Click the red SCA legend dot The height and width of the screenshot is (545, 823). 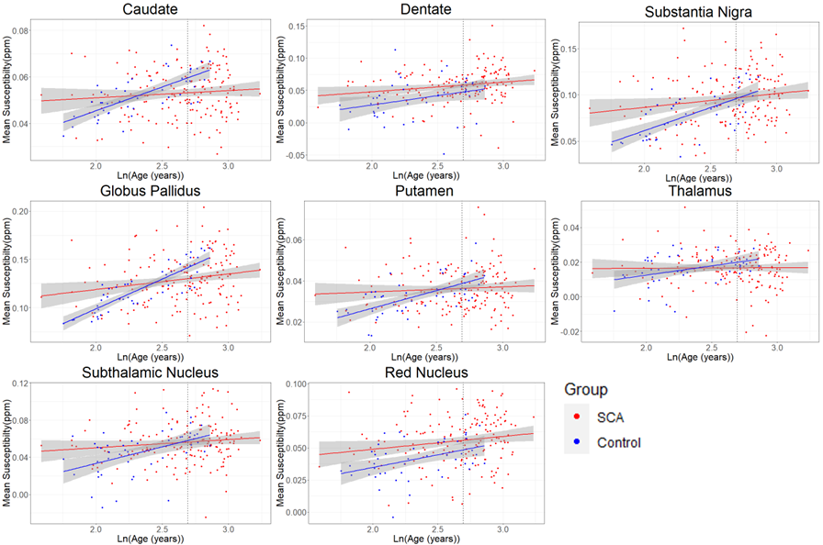click(x=579, y=418)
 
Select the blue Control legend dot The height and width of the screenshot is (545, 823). click(x=579, y=442)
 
